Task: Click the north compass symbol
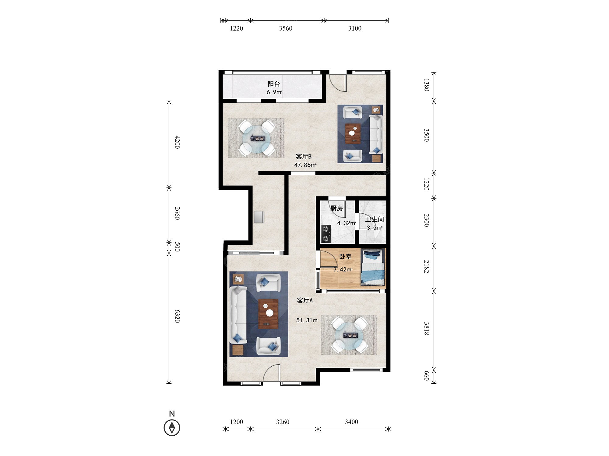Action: click(x=172, y=427)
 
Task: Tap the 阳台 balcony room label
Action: click(x=274, y=84)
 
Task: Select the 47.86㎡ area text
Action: click(x=305, y=165)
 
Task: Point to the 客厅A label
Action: click(x=305, y=300)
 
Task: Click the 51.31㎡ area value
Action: click(x=307, y=320)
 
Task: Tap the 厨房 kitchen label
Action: click(x=336, y=208)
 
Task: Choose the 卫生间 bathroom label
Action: click(x=375, y=219)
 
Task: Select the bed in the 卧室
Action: click(x=373, y=267)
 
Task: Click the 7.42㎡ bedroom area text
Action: click(x=343, y=270)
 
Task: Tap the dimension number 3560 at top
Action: click(x=286, y=28)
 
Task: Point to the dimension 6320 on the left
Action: click(x=177, y=316)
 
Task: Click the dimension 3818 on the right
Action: click(x=426, y=329)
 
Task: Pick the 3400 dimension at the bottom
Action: click(x=351, y=422)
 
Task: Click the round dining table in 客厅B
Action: click(x=256, y=138)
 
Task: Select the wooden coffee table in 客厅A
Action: click(x=268, y=314)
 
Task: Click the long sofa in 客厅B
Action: click(x=376, y=134)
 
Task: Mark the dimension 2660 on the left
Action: click(x=177, y=213)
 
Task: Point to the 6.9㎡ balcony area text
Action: click(x=274, y=92)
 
